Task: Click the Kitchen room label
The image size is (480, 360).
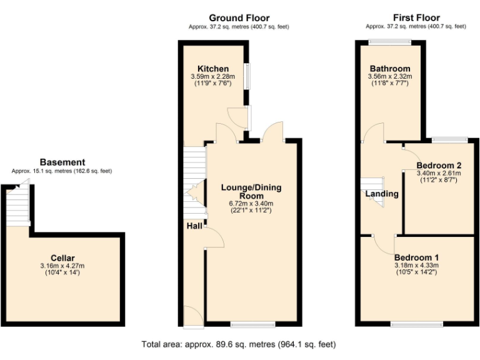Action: (x=213, y=69)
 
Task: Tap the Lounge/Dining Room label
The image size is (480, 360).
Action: (x=251, y=191)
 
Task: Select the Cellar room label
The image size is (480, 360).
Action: (x=63, y=258)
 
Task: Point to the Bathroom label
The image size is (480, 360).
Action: (x=390, y=69)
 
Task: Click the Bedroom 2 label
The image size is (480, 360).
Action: (x=438, y=166)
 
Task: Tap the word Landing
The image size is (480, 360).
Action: (x=382, y=194)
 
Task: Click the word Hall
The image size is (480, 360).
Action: (x=193, y=226)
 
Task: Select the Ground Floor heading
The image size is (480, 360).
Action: (x=239, y=18)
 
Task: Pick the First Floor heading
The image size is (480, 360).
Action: (x=416, y=18)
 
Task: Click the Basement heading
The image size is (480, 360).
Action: (x=62, y=162)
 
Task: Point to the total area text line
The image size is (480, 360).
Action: (x=239, y=344)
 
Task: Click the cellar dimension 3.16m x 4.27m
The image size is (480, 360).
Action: (x=63, y=266)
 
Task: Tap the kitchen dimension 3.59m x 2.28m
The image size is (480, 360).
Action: (x=213, y=76)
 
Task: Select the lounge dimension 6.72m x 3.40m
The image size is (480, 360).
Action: (x=251, y=203)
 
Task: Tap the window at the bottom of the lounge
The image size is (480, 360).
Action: (x=252, y=324)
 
